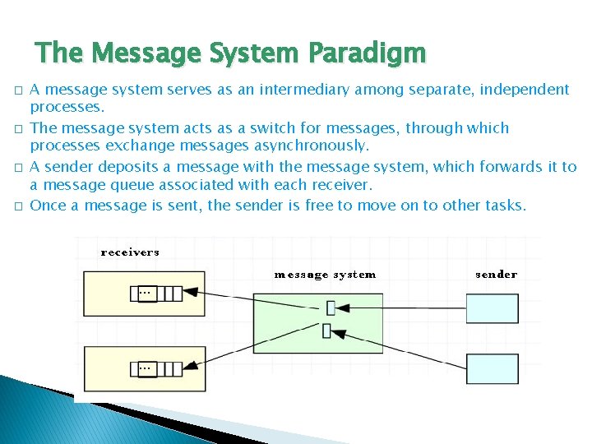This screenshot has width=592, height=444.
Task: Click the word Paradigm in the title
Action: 368,53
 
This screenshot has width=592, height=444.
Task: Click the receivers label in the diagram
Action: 130,252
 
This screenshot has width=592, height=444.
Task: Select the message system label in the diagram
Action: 325,275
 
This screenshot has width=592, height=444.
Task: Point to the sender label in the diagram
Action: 497,275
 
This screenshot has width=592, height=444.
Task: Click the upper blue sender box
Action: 493,308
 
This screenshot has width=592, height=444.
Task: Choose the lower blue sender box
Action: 493,368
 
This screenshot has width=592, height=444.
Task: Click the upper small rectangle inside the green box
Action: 331,308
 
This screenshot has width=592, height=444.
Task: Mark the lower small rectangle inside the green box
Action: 326,331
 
